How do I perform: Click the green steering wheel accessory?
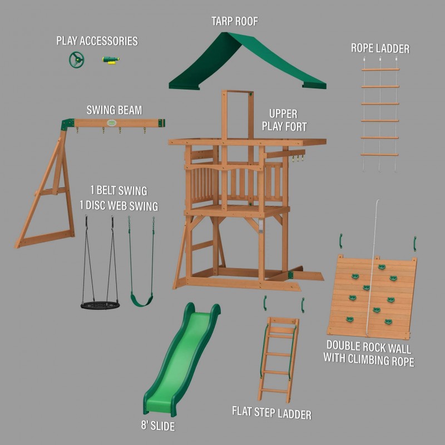coord(76,60)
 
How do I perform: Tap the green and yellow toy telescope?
coord(111,60)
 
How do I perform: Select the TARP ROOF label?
coord(235,21)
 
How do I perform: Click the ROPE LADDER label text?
coord(380,48)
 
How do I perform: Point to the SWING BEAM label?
coord(114,110)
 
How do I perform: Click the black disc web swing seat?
coord(100,305)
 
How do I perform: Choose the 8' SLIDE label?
coord(158,426)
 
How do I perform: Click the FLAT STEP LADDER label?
coord(271,413)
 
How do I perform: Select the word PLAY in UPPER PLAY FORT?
coord(274,126)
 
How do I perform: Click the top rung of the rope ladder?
coord(380,69)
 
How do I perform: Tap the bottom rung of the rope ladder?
coord(379,155)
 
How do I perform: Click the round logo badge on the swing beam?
coord(112,123)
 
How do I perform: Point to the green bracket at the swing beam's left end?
coord(67,124)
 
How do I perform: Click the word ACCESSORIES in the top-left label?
coord(108,41)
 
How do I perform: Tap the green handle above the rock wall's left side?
coord(341,241)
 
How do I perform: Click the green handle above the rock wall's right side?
coord(414,244)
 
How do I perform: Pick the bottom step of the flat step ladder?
coord(274,391)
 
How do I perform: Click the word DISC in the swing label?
coord(98,205)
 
